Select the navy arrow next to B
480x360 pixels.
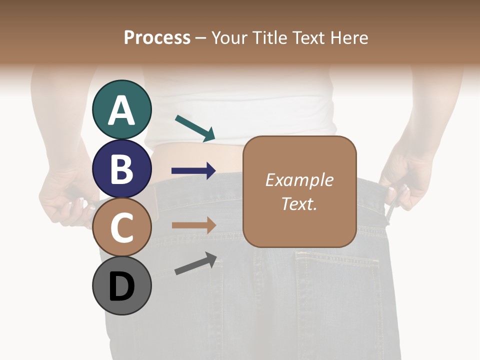click(193, 171)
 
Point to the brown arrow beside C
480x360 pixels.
click(193, 225)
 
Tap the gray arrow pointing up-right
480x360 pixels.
click(195, 263)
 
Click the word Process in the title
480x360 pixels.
click(157, 38)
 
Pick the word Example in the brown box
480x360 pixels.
click(299, 180)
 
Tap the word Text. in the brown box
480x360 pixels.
click(299, 203)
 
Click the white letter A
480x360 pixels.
click(122, 110)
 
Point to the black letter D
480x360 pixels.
click(122, 287)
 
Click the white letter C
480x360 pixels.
click(122, 228)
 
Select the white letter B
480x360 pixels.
click(122, 169)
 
